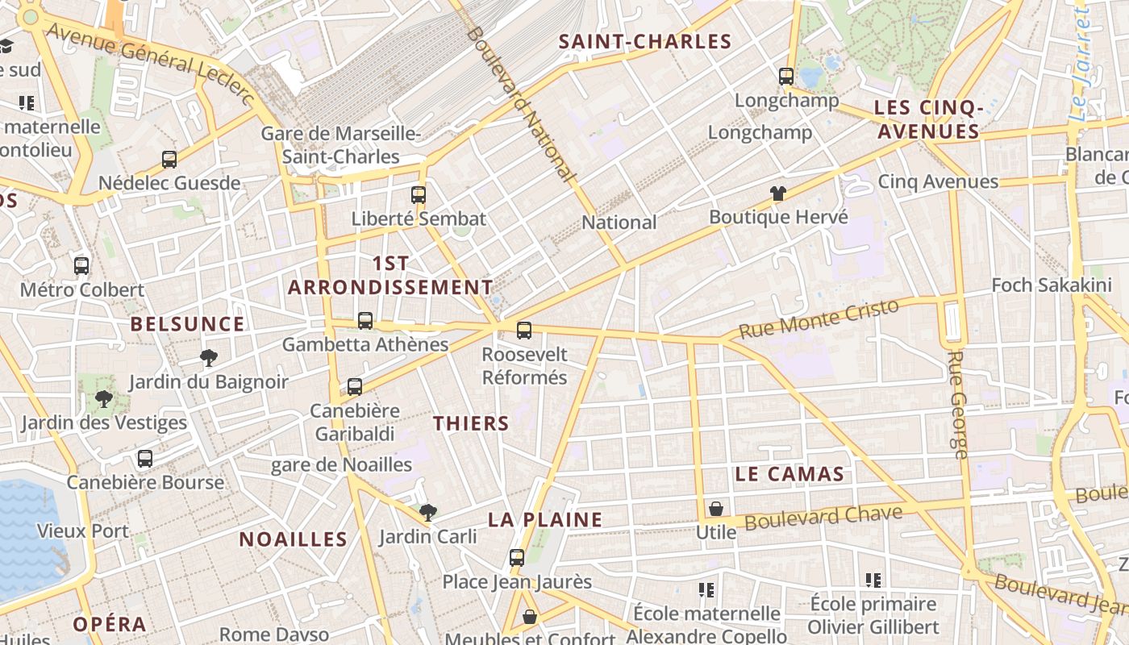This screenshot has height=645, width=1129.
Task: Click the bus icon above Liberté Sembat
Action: [x=418, y=194]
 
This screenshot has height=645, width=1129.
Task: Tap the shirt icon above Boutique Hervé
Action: [x=778, y=193]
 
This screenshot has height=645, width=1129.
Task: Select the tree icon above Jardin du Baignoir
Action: [x=209, y=358]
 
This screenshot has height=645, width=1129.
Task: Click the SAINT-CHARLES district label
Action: [x=645, y=42]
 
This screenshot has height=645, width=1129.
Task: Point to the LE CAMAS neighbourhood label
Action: [x=789, y=474]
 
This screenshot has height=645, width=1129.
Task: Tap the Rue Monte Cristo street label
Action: [x=819, y=319]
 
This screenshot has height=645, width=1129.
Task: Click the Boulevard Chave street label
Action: [x=823, y=517]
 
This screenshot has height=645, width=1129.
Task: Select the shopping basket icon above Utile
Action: [x=715, y=509]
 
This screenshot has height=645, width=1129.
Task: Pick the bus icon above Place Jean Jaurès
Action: [x=517, y=557]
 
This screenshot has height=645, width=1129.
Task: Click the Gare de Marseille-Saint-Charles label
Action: [x=341, y=145]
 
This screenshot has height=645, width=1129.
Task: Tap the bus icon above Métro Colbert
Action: [x=81, y=265]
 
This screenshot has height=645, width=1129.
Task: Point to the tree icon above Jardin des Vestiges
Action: [x=103, y=398]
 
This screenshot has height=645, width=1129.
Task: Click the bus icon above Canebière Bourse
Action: [x=145, y=459]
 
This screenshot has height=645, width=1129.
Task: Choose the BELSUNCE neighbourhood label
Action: [x=187, y=324]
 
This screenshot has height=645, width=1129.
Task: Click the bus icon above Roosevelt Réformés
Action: [x=524, y=330]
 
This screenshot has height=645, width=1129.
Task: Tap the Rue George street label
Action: [x=957, y=405]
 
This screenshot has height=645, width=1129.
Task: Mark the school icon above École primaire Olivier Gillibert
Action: [x=873, y=580]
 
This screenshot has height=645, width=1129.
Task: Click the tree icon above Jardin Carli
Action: [x=428, y=512]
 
